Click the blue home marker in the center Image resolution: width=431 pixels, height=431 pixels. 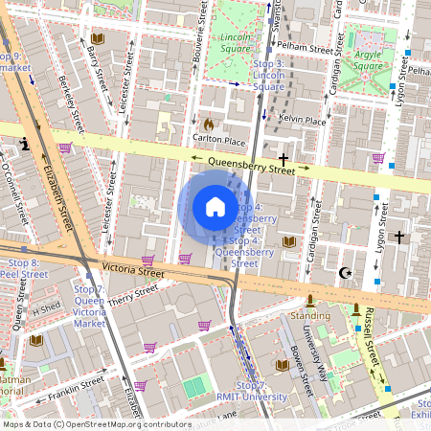tap(215, 207)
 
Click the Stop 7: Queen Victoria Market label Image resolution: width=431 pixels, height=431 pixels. tap(88, 306)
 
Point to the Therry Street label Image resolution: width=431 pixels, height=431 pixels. tap(133, 300)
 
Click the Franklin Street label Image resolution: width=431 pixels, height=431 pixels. tap(79, 385)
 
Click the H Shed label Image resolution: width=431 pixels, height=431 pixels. tap(45, 309)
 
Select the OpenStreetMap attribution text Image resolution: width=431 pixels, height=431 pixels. tap(97, 423)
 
